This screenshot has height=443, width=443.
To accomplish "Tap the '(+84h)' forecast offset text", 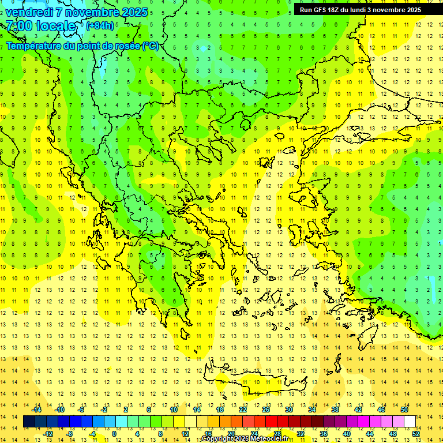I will coord(100,25).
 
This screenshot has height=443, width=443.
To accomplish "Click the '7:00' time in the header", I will coord(18,26).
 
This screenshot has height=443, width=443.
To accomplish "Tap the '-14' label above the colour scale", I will coord(36,410).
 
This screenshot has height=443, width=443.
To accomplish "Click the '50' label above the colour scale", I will coord(404,410).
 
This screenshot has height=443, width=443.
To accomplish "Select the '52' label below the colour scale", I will coord(416,434).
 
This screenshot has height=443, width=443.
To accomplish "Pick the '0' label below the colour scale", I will coord(114,434).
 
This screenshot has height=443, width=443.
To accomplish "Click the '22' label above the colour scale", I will coord(243,410).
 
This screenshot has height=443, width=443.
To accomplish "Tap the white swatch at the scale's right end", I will coord(410,422).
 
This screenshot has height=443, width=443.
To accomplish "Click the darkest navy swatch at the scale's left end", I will coord(29,422).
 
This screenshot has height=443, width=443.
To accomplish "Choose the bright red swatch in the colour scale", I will coord(271,422).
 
